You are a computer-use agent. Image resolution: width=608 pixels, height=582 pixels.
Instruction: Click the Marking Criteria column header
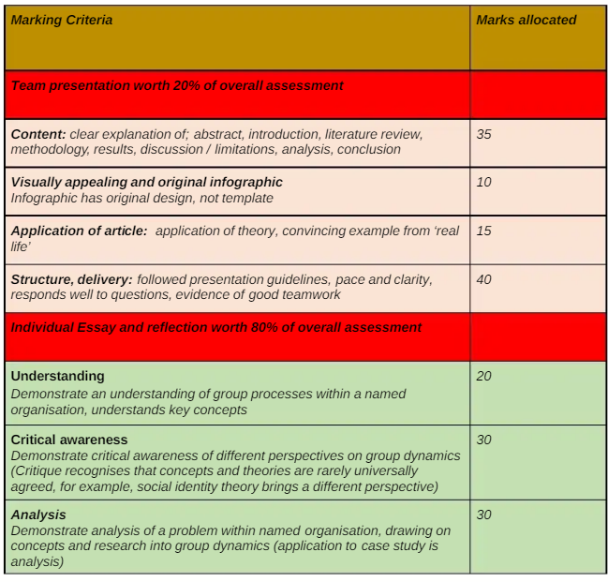(x=62, y=20)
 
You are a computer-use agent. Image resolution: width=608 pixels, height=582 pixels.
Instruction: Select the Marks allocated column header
(x=526, y=20)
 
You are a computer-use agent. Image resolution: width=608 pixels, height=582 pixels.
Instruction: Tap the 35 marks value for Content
(x=483, y=134)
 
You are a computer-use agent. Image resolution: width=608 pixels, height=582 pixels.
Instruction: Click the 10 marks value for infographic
(x=483, y=182)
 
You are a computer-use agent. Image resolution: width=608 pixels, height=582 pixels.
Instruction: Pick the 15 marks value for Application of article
(x=483, y=231)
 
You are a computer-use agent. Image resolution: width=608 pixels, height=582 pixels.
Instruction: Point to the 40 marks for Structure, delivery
(x=483, y=279)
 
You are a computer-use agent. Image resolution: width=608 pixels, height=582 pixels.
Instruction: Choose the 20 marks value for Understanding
(x=483, y=376)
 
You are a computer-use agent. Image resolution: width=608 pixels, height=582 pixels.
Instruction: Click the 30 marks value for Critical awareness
(x=483, y=440)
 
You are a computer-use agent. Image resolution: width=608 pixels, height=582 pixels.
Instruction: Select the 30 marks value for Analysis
(x=483, y=515)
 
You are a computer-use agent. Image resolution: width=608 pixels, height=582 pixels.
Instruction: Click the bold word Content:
(x=38, y=134)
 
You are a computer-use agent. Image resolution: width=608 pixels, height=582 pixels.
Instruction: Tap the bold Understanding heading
(x=57, y=376)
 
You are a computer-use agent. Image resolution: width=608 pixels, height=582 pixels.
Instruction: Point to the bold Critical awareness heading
(x=68, y=440)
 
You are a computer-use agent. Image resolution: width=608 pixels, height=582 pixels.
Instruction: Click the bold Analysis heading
(x=38, y=515)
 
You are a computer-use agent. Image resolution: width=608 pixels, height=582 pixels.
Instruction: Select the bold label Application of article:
(x=79, y=231)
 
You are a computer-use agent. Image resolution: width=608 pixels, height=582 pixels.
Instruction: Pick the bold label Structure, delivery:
(x=71, y=279)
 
